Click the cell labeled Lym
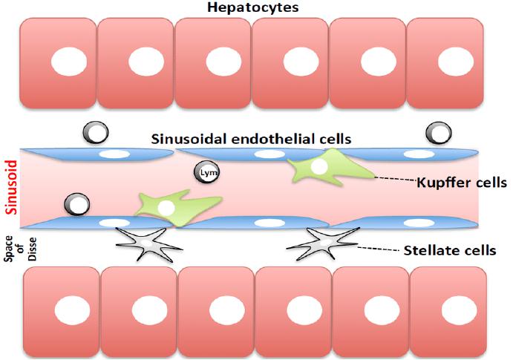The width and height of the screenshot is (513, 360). tap(206, 172)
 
